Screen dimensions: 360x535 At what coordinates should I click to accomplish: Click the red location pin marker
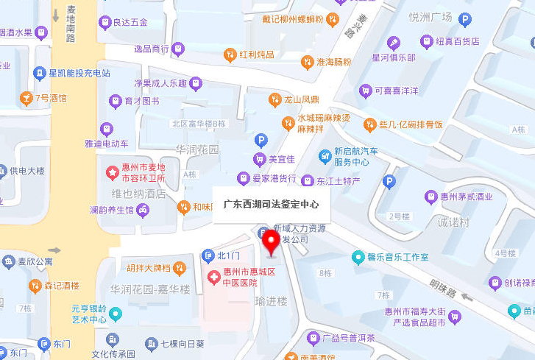tap(272, 241)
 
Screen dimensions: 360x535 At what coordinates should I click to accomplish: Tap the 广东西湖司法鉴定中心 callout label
tap(272, 205)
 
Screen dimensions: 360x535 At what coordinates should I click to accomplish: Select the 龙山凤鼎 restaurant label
tap(301, 99)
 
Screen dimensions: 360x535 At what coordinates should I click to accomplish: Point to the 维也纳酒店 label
tap(138, 194)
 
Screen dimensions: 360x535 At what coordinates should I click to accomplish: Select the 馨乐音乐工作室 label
tap(397, 257)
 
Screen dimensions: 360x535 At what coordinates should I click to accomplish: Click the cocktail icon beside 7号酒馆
tap(26, 97)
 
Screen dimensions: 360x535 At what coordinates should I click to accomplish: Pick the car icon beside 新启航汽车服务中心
tap(325, 156)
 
